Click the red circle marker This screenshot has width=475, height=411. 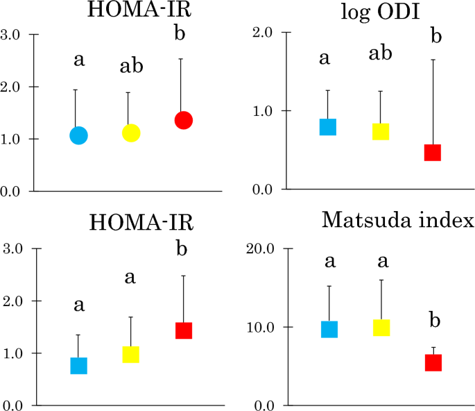tap(183, 120)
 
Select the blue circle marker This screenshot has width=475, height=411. tap(79, 135)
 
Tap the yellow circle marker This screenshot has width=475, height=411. tap(131, 133)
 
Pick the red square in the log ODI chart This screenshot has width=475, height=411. tap(433, 153)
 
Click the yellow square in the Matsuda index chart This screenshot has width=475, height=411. tap(381, 327)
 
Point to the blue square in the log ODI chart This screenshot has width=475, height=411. tap(328, 126)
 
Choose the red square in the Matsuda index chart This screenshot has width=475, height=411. tap(433, 362)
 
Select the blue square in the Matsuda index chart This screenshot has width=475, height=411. tap(329, 329)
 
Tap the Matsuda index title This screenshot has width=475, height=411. tap(398, 221)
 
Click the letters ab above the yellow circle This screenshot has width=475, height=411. tap(132, 67)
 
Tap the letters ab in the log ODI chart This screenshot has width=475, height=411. tap(381, 53)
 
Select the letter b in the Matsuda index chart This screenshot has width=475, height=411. tap(433, 321)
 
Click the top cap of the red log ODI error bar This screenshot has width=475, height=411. tap(433, 60)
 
